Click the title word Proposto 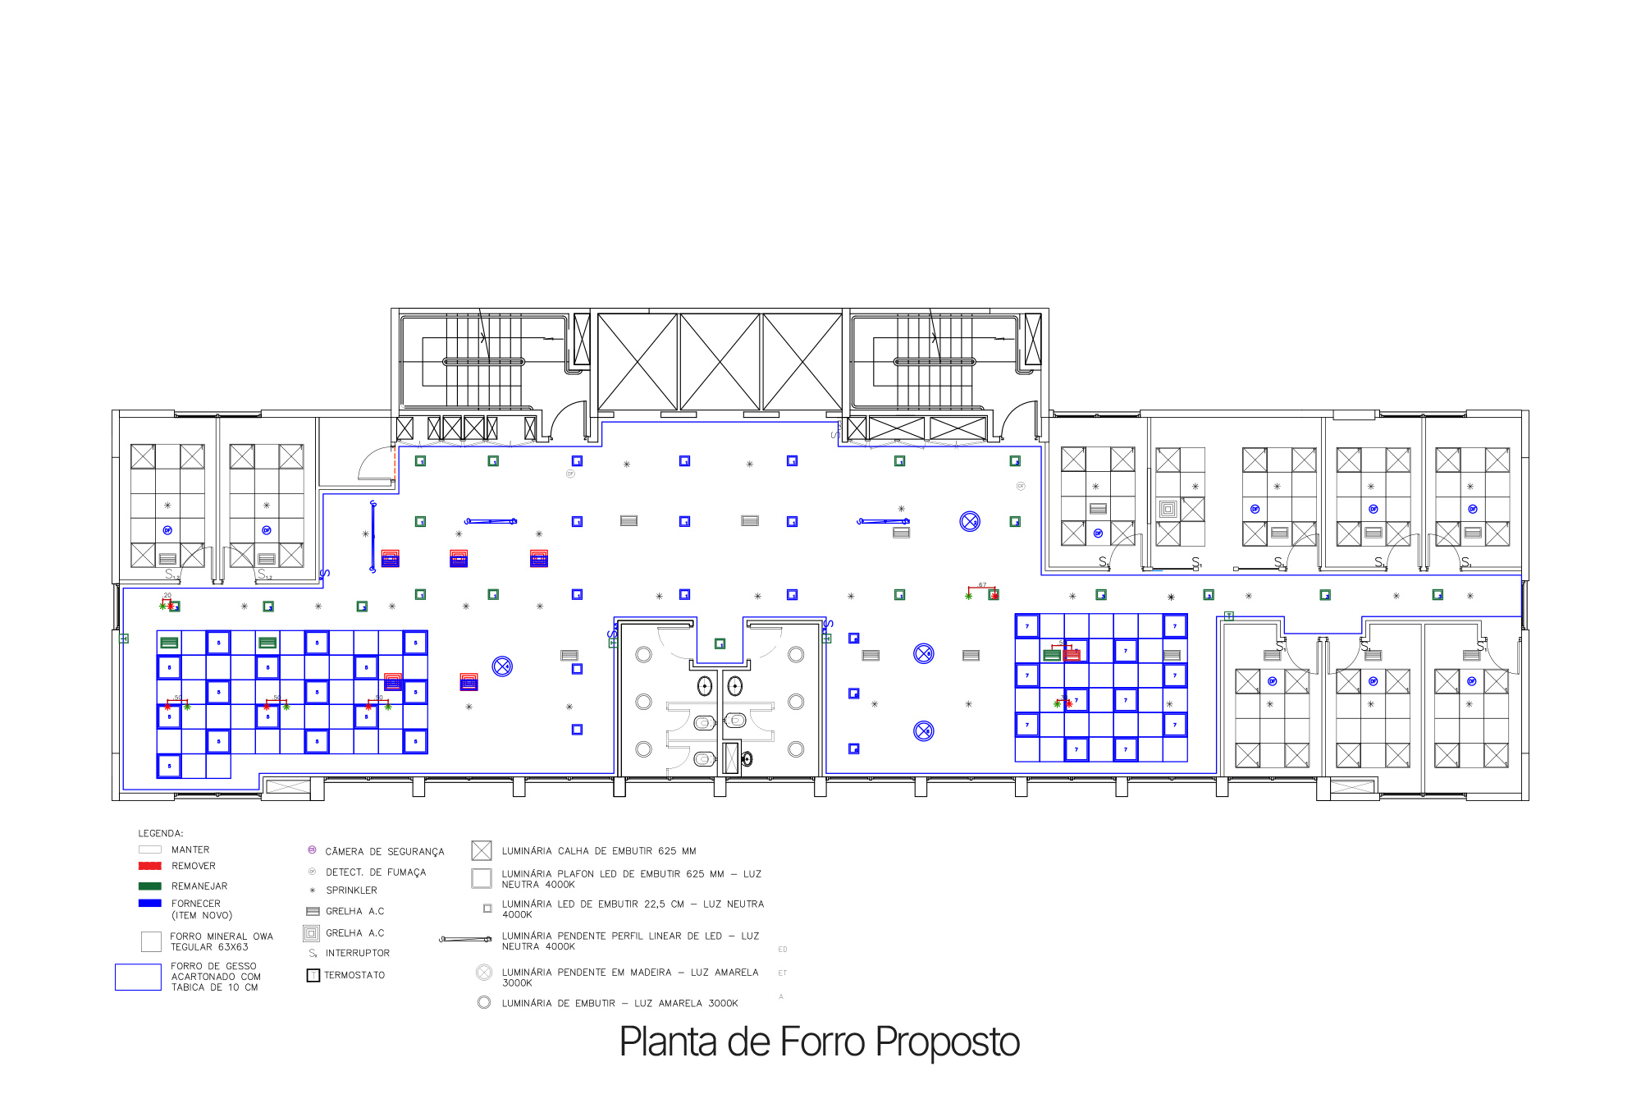click(947, 1042)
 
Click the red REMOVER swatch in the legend click(150, 866)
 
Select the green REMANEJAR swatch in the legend click(150, 886)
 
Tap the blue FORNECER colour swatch click(150, 903)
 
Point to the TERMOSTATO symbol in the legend click(313, 975)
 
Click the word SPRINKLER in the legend click(351, 891)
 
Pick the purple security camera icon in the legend click(312, 850)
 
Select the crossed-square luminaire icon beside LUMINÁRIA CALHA click(482, 851)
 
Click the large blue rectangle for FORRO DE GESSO click(138, 977)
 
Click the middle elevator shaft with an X click(720, 361)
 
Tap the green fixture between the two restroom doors click(720, 644)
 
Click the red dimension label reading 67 click(982, 585)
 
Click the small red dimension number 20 click(167, 596)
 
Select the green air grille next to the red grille click(1052, 655)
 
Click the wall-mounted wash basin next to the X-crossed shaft click(747, 758)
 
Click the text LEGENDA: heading click(161, 833)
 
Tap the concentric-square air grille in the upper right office click(1168, 510)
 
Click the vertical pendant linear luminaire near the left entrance click(373, 536)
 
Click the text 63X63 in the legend click(233, 947)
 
